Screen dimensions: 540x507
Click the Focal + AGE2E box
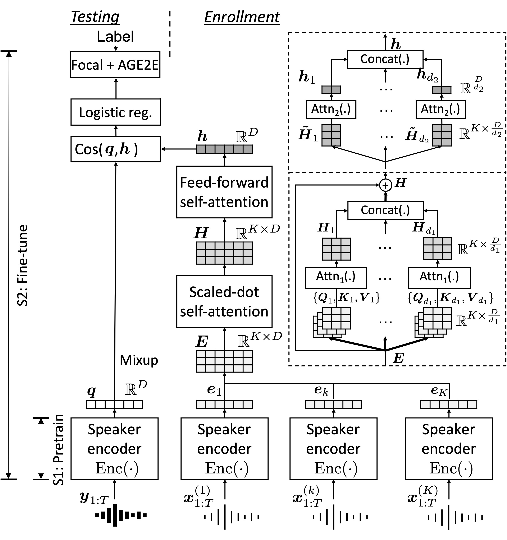click(115, 65)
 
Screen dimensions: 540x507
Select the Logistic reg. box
click(116, 112)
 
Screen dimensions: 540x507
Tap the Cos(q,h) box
click(116, 149)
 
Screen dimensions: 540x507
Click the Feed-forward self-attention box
click(224, 192)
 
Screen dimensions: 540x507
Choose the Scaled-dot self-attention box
click(224, 302)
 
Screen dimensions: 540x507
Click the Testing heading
click(95, 17)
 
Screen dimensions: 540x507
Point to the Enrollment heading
click(242, 17)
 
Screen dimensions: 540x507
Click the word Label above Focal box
click(115, 36)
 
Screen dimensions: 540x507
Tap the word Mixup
click(139, 360)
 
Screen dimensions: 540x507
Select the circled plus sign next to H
click(385, 185)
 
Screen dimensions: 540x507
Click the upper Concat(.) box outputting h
click(385, 59)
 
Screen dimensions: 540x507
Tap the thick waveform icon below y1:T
click(121, 515)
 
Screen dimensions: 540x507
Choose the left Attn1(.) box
click(336, 278)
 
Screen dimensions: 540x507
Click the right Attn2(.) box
click(440, 109)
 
